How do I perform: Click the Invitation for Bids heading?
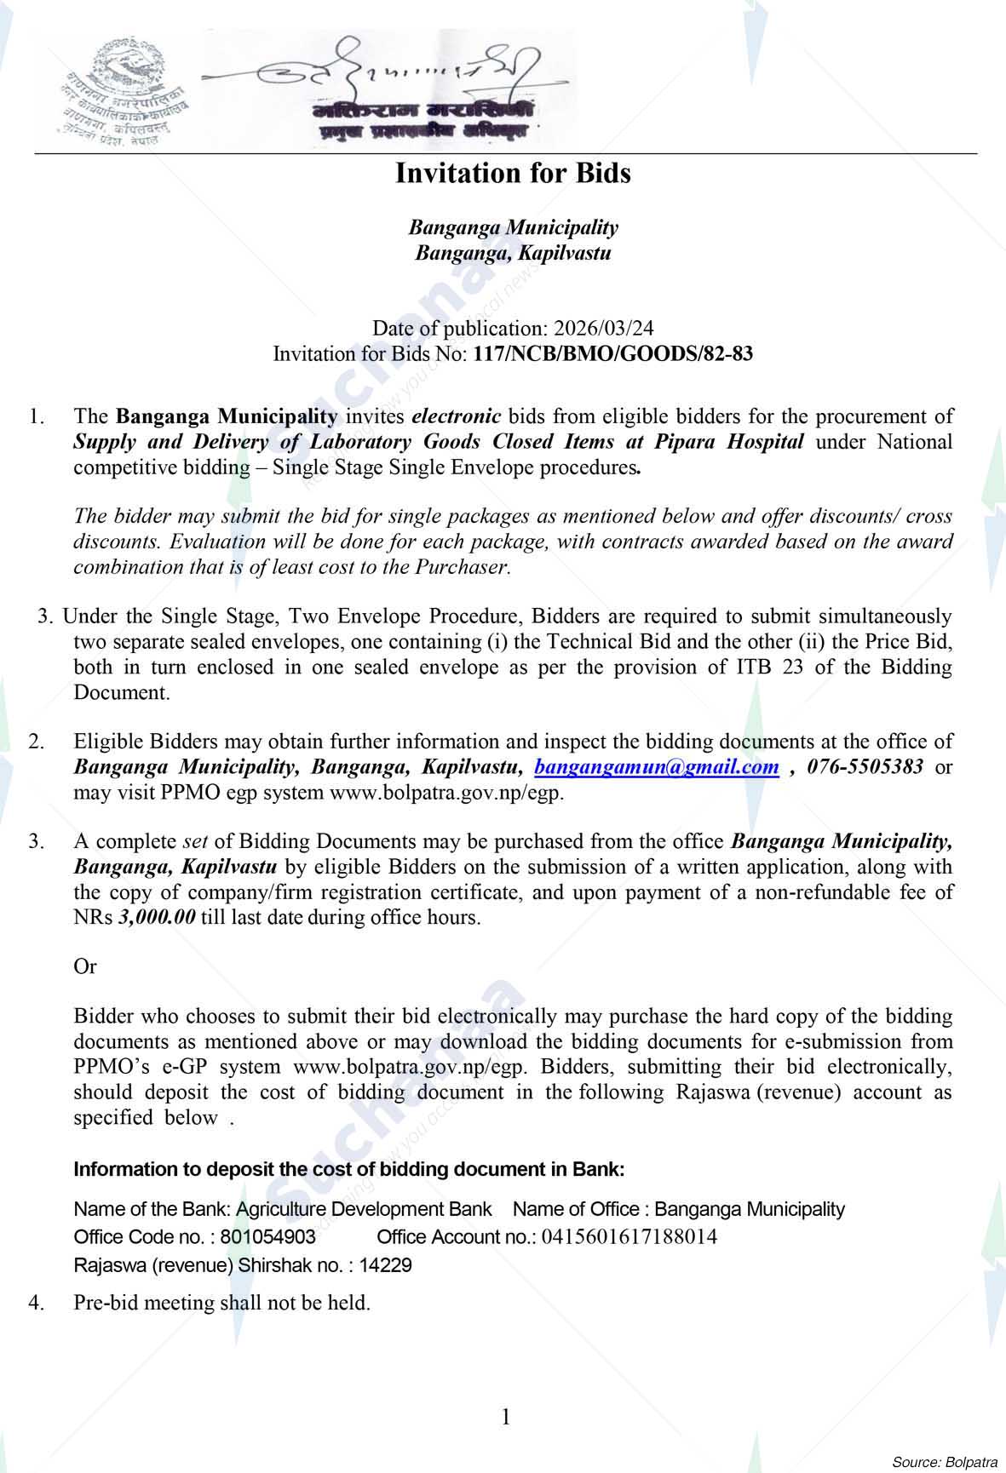[x=513, y=174]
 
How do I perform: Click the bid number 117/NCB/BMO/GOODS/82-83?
[x=612, y=354]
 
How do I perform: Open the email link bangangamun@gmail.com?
[x=656, y=767]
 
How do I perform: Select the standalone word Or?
[x=85, y=967]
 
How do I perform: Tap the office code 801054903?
[x=267, y=1237]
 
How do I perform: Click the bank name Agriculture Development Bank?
[x=364, y=1209]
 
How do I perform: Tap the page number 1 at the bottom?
[x=506, y=1417]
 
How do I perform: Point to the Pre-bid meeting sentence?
[x=221, y=1303]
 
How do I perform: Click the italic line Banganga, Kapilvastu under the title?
[x=513, y=254]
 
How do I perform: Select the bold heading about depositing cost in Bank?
[x=349, y=1169]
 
